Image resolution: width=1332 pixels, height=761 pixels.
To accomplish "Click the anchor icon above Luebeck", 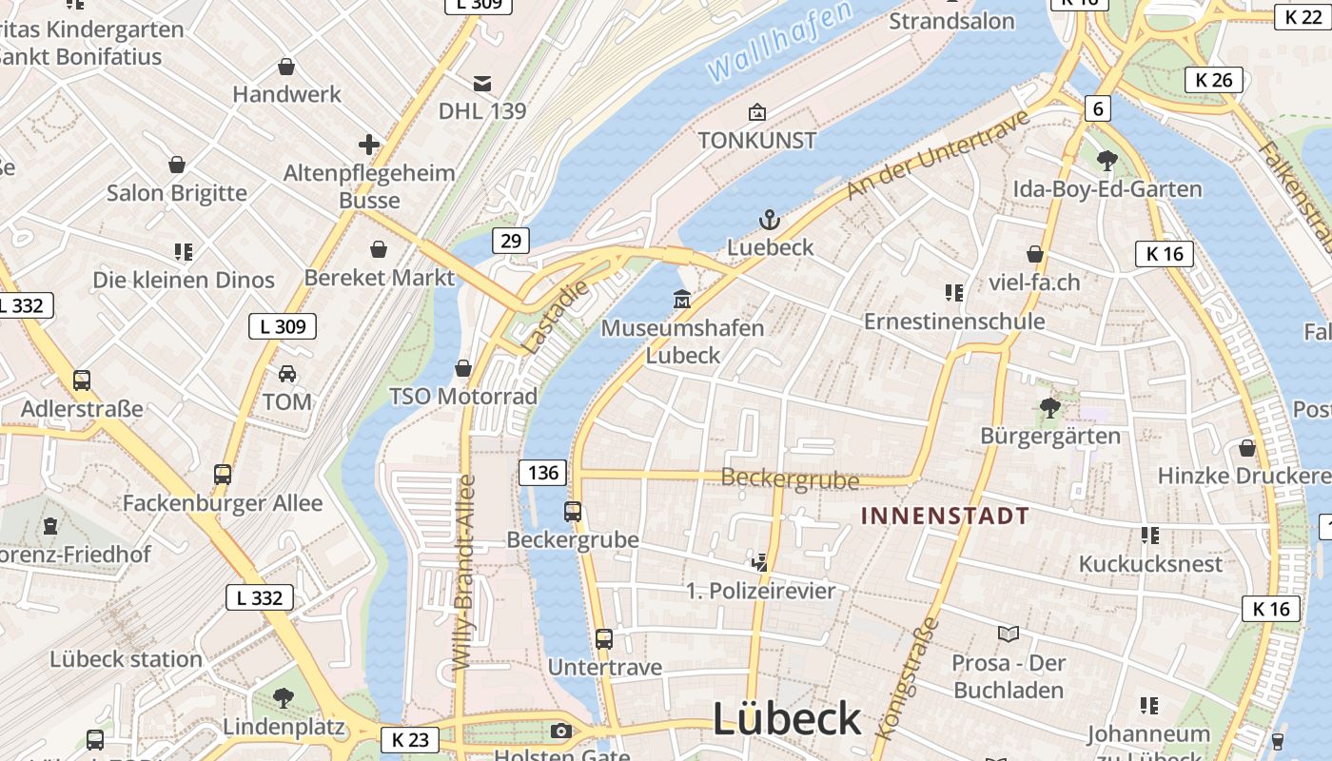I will coord(769,221).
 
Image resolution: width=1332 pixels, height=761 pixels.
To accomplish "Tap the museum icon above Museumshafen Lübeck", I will coord(681,300).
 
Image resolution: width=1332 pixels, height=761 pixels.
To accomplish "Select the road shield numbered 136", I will coord(542,473).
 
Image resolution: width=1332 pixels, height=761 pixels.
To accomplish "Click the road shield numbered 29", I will coord(511,241).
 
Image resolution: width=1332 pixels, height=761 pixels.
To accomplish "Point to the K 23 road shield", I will coord(411,739).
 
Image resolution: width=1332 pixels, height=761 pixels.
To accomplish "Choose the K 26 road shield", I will coord(1214,80).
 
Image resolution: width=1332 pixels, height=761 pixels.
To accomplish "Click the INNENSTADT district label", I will coord(945,517).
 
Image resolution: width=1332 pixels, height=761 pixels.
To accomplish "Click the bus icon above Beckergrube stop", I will coord(573,512).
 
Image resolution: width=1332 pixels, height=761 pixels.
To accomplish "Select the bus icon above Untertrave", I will coord(604,638).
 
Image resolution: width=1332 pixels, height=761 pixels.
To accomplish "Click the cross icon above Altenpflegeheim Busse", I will coord(369,145).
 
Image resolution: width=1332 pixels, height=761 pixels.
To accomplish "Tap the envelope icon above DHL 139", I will coord(482,83).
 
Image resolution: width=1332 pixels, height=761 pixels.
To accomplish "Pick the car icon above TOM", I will coord(287,373).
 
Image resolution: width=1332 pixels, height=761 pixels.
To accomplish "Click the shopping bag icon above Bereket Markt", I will coord(379,249).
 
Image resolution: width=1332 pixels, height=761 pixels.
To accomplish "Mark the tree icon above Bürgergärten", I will coord(1050,408).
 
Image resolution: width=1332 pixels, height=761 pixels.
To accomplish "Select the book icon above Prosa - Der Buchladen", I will coord(1009,634).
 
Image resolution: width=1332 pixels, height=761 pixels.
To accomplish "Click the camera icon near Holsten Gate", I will coord(561,731).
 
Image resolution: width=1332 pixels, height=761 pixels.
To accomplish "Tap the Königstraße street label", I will coord(906,677).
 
